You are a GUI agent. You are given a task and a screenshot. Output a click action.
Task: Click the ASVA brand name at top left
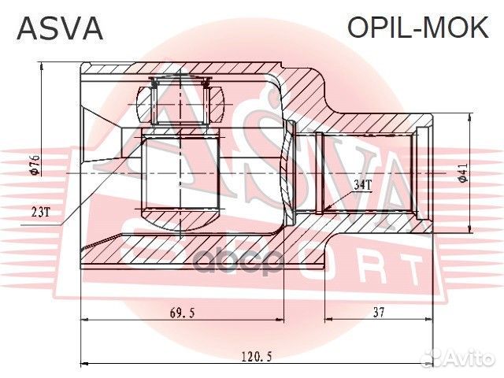60,28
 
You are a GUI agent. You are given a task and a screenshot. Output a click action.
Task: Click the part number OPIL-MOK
418,28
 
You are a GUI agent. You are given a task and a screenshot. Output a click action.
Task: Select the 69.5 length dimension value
182,312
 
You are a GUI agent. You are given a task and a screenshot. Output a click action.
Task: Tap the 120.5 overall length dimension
257,357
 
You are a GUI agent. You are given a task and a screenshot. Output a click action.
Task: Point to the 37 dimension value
379,312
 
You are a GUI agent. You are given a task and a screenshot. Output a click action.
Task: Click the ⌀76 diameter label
35,165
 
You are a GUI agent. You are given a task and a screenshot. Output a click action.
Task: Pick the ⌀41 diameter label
463,173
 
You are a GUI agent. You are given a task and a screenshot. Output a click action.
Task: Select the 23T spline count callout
41,212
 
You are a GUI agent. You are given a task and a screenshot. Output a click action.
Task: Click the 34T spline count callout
362,185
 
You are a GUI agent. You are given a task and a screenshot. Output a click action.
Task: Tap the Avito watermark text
469,358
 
